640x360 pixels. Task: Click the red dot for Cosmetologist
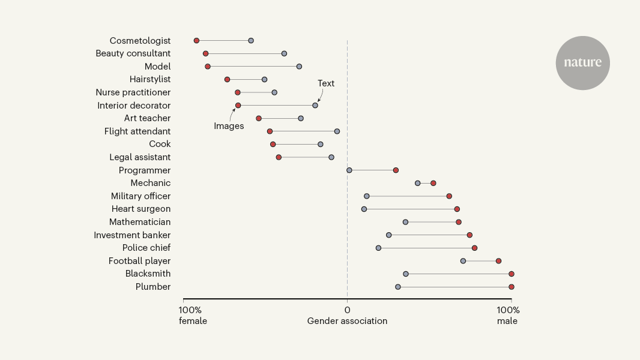tap(196, 41)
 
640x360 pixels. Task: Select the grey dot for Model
tap(299, 67)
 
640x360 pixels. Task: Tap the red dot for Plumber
tap(511, 287)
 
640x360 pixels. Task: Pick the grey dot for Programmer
tap(349, 170)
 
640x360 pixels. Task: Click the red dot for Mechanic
tap(433, 183)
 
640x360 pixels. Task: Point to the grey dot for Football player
tap(463, 261)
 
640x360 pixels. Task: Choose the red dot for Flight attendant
tap(270, 131)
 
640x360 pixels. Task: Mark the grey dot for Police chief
tap(378, 248)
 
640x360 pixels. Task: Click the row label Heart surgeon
tap(140, 209)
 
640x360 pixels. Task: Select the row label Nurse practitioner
tap(133, 92)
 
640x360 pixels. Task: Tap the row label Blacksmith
tap(148, 274)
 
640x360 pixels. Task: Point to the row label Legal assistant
tap(140, 157)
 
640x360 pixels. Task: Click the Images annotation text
tap(229, 126)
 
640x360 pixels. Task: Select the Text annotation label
tap(326, 83)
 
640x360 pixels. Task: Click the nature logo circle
tap(582, 63)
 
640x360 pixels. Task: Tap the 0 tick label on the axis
tap(347, 310)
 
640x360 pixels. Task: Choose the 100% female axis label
tap(192, 316)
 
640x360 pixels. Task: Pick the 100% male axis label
tap(508, 316)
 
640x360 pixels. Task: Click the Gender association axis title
tap(347, 321)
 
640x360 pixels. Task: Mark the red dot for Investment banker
tap(469, 235)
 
